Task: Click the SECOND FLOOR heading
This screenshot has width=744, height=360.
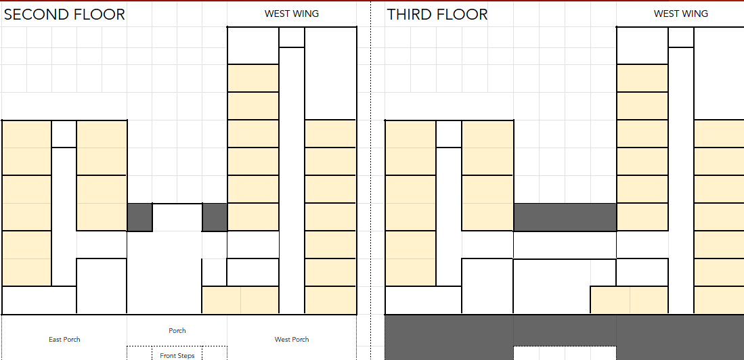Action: coord(64,14)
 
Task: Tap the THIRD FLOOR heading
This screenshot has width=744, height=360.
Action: coord(437,14)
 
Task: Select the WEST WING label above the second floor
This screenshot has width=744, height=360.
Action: coord(292,14)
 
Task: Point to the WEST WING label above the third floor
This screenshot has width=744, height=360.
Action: coord(681,14)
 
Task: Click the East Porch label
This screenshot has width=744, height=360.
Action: coord(64,339)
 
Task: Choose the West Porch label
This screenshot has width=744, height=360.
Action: coord(292,339)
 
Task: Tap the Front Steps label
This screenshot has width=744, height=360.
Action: coord(177,356)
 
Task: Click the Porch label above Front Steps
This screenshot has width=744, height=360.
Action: coord(177,331)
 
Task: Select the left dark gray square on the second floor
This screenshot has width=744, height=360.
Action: coord(139,217)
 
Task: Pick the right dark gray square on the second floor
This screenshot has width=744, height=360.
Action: coord(215,217)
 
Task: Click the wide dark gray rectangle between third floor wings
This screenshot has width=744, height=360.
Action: coord(565,217)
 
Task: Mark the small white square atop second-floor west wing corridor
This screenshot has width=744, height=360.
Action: coord(292,37)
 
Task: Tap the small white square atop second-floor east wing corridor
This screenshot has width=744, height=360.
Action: coord(64,134)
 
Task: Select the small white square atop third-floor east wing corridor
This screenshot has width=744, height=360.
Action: coord(449,134)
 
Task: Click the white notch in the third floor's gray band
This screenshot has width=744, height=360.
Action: coord(565,353)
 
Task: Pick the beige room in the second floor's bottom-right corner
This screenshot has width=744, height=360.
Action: coord(330,300)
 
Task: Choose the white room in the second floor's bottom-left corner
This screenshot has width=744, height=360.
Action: coord(39,300)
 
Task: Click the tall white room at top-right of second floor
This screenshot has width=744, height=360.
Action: coord(330,73)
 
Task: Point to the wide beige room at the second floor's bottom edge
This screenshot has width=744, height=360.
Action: coord(240,300)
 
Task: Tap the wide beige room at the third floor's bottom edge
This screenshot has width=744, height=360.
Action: coord(629,300)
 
